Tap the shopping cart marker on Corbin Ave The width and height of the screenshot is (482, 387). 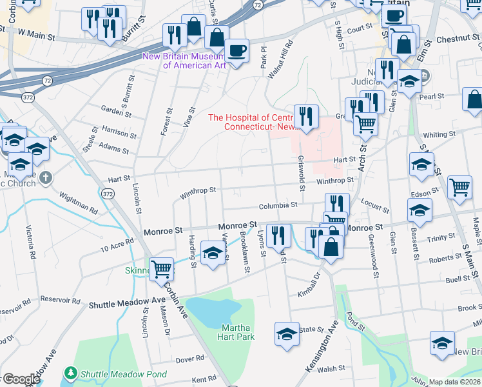161,268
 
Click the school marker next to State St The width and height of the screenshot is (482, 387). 287,334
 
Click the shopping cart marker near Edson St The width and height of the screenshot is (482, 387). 459,188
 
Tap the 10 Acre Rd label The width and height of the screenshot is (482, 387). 117,244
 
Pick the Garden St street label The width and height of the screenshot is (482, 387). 115,110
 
